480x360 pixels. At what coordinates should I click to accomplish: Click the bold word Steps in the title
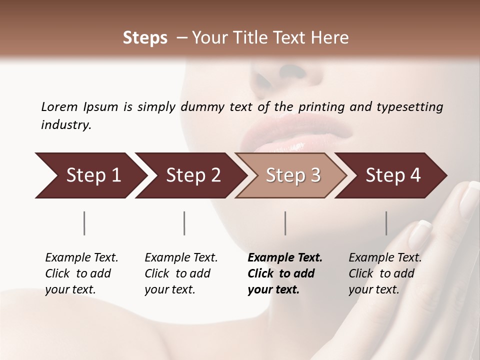pyautogui.click(x=145, y=38)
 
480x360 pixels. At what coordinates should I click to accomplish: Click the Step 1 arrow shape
pyautogui.click(x=90, y=175)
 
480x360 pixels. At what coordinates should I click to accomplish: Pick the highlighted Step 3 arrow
pyautogui.click(x=292, y=175)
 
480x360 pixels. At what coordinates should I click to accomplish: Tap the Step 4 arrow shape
pyautogui.click(x=392, y=175)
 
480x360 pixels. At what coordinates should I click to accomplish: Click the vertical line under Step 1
pyautogui.click(x=84, y=223)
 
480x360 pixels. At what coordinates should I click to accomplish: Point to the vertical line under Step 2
pyautogui.click(x=184, y=223)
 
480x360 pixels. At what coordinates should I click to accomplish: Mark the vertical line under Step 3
pyautogui.click(x=285, y=223)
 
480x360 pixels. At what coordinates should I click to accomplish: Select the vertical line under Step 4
pyautogui.click(x=386, y=223)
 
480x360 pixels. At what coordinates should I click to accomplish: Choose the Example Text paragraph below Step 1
pyautogui.click(x=81, y=273)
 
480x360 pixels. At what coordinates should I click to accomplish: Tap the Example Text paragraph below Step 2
pyautogui.click(x=180, y=273)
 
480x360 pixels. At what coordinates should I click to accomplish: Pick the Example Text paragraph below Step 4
pyautogui.click(x=384, y=273)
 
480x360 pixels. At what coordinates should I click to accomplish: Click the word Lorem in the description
pyautogui.click(x=59, y=106)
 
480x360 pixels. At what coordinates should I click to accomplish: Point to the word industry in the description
pyautogui.click(x=65, y=125)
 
